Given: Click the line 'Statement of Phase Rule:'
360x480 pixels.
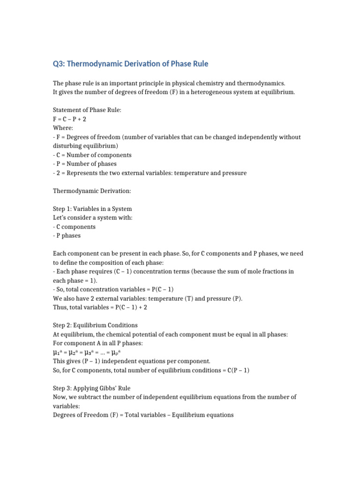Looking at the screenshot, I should click(x=84, y=111).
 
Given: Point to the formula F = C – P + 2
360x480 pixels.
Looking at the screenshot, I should click(x=70, y=120).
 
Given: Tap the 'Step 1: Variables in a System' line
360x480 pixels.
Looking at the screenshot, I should click(x=92, y=209).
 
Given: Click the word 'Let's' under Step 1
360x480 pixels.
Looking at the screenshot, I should click(x=60, y=218).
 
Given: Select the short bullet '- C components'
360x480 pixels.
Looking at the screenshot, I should click(x=75, y=227).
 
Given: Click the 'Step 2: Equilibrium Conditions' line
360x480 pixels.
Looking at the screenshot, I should click(x=95, y=325).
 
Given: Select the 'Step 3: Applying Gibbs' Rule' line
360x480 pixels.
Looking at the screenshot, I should click(x=91, y=388).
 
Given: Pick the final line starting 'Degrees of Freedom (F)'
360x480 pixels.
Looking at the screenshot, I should click(x=143, y=415).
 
